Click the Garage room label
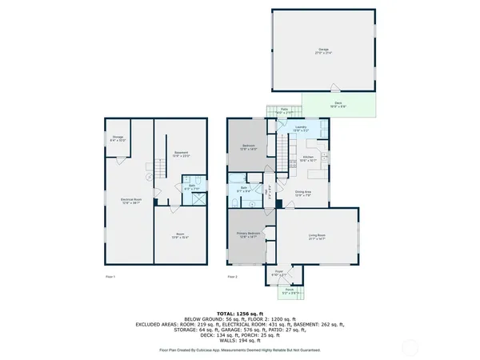point(323,50)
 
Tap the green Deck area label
point(338,104)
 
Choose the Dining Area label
point(303,193)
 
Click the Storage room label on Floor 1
point(117,138)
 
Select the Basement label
point(182,154)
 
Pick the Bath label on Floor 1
point(192,187)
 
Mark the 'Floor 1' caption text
point(110,277)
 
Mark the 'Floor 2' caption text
point(232,277)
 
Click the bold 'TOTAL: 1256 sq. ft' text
point(240,312)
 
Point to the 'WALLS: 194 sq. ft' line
point(240,340)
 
